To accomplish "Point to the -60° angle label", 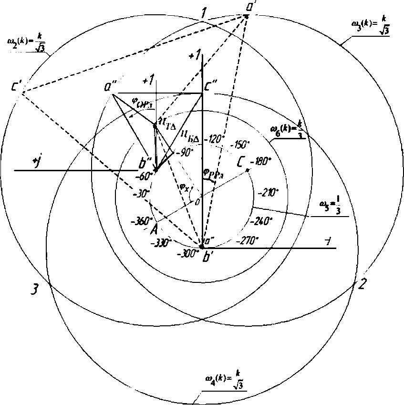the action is point(144,176).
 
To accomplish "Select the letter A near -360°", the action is point(154,229).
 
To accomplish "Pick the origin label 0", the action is point(197,202).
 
